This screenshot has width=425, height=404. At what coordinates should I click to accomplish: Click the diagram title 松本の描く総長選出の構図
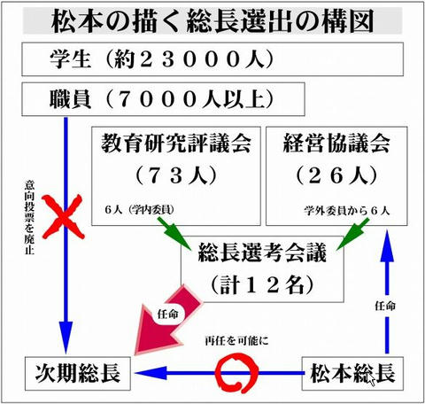pyautogui.click(x=212, y=21)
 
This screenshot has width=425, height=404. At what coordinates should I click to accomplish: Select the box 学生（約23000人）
pyautogui.click(x=212, y=59)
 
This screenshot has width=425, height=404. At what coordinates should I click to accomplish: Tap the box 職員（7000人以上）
pyautogui.click(x=163, y=99)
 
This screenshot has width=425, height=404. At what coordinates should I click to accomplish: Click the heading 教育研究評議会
pyautogui.click(x=176, y=143)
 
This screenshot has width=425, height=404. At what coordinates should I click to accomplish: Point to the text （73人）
pyautogui.click(x=176, y=175)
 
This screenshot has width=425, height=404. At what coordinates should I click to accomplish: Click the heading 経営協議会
pyautogui.click(x=336, y=143)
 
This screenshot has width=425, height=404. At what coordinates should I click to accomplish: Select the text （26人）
pyautogui.click(x=336, y=175)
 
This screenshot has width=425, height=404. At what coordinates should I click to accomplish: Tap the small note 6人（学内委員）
pyautogui.click(x=140, y=209)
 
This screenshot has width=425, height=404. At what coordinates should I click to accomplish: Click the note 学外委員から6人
pyautogui.click(x=347, y=211)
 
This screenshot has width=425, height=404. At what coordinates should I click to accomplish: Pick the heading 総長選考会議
pyautogui.click(x=262, y=252)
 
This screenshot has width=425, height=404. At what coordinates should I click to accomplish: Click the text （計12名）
pyautogui.click(x=262, y=285)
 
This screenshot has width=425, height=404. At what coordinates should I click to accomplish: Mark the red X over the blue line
pyautogui.click(x=63, y=217)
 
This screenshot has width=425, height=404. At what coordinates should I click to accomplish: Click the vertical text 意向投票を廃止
pyautogui.click(x=29, y=217)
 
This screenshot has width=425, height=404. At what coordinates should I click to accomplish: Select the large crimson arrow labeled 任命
pyautogui.click(x=166, y=321)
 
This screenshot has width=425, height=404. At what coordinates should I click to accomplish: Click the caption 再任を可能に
pyautogui.click(x=236, y=341)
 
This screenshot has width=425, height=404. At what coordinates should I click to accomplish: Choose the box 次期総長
pyautogui.click(x=78, y=373)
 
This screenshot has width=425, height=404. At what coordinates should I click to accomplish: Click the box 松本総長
pyautogui.click(x=352, y=373)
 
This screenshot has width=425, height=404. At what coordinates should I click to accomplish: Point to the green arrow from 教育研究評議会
pyautogui.click(x=174, y=233)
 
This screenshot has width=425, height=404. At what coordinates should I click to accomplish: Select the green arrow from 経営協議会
pyautogui.click(x=353, y=234)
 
